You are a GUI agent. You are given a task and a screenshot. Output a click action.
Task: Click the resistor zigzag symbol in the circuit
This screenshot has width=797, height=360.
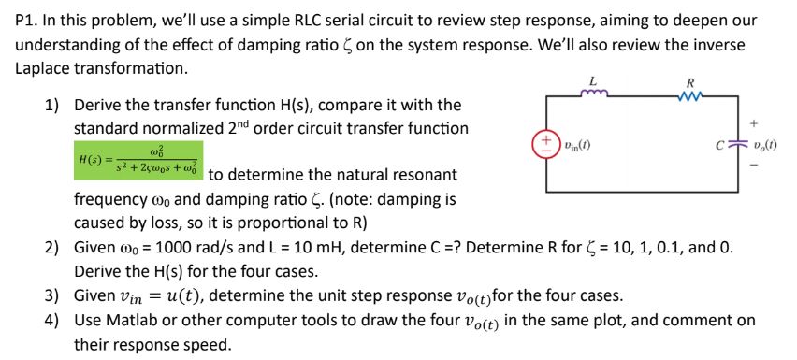click(x=692, y=94)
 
